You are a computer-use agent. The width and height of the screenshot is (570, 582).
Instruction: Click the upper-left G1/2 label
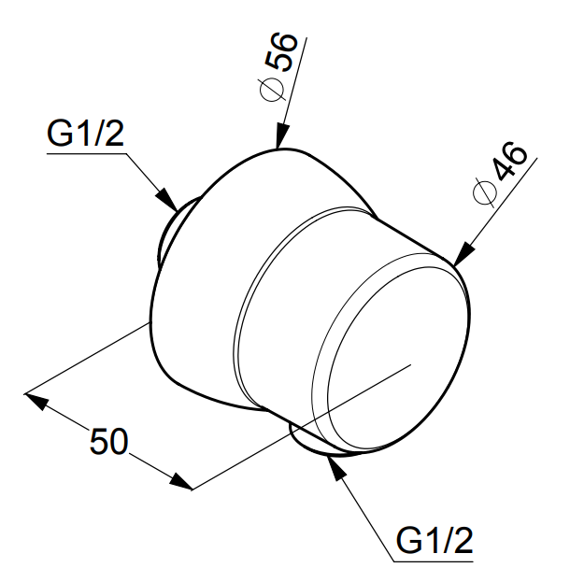85,134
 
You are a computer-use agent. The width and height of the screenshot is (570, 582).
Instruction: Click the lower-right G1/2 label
435,540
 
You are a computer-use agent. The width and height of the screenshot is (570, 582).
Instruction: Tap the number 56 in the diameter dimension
283,52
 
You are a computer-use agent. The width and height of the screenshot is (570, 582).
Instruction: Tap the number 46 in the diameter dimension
509,162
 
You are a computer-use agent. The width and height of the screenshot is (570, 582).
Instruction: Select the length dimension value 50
109,441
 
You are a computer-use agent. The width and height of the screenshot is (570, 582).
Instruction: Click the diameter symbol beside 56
272,90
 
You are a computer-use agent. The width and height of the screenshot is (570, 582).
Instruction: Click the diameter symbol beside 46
485,193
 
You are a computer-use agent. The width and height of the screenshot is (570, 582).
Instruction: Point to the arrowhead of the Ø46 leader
464,254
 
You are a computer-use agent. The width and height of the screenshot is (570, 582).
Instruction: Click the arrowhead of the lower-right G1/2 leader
335,468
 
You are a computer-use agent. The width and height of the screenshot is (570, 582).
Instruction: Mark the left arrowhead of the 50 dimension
36,402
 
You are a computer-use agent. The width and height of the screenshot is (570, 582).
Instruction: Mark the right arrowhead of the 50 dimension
181,482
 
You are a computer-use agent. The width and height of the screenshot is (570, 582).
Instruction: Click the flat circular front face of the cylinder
398,350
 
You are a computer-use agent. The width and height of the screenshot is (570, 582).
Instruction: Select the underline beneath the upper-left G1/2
86,153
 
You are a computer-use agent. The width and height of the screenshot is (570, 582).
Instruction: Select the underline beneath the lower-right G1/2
434,561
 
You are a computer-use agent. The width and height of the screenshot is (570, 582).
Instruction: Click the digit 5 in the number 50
99,441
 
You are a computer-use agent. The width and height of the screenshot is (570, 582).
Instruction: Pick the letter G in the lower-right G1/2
408,541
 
